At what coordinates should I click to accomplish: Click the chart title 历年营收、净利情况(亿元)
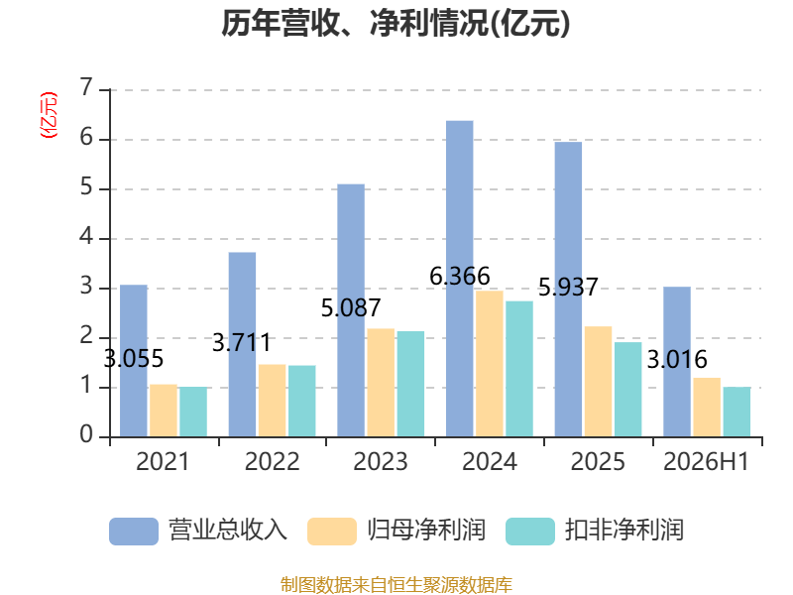[396, 24]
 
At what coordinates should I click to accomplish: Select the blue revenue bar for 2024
[460, 279]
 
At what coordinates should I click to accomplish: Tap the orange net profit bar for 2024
[490, 364]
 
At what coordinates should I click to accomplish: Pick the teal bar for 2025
[628, 390]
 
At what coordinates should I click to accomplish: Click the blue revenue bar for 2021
[134, 361]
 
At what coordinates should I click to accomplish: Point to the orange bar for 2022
[272, 401]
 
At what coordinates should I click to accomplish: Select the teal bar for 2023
[410, 384]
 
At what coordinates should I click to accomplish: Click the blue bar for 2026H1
[677, 362]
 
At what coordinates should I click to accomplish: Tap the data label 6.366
[460, 277]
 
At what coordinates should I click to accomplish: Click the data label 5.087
[351, 307]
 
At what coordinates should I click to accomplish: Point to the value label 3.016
[677, 359]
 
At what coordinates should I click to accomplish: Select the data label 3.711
[242, 342]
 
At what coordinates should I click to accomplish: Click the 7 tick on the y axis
[86, 88]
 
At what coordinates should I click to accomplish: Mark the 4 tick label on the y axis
[86, 237]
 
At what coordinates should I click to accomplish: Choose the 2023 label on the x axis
[381, 461]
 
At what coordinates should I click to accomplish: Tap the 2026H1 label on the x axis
[706, 461]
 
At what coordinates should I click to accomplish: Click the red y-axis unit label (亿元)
[49, 115]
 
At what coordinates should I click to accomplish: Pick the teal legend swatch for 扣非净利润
[530, 532]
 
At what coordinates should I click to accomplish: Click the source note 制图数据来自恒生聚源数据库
[396, 584]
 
